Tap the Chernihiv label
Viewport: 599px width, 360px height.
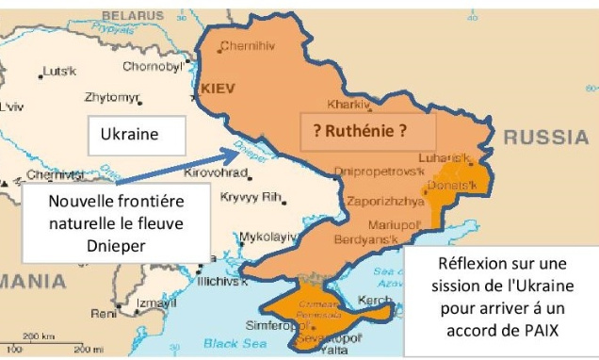(x=247, y=47)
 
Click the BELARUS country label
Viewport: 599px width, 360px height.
(x=132, y=16)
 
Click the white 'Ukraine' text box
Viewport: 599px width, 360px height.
(x=128, y=135)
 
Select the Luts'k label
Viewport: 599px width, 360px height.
(x=58, y=72)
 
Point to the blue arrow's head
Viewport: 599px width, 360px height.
(x=239, y=151)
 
